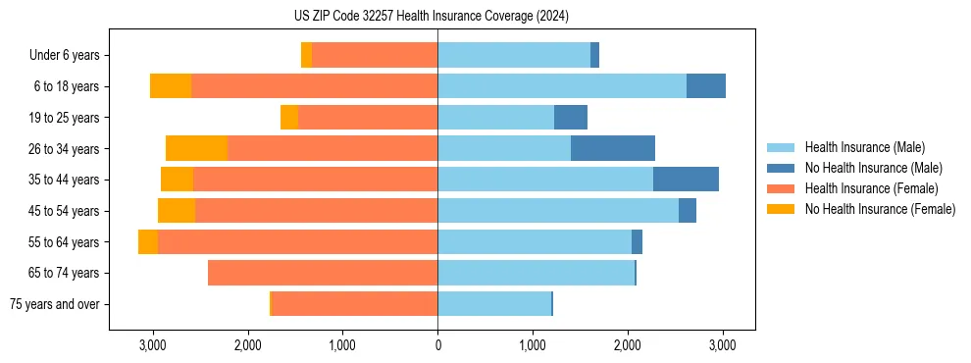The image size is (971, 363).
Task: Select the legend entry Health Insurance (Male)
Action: click(x=864, y=147)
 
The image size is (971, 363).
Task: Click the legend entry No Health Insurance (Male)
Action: click(x=873, y=168)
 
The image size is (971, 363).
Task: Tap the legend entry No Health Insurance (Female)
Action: click(x=880, y=209)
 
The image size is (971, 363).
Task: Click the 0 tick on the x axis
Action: click(x=437, y=346)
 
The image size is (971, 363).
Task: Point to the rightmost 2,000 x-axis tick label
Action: click(x=628, y=346)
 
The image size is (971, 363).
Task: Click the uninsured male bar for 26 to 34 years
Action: click(x=613, y=149)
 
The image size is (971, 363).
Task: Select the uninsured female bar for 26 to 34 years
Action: click(x=196, y=149)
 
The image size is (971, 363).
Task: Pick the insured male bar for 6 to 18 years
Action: click(x=562, y=86)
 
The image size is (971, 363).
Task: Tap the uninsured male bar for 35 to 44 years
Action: click(x=686, y=180)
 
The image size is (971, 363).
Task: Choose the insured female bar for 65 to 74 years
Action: click(x=323, y=273)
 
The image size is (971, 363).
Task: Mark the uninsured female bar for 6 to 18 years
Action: click(x=171, y=86)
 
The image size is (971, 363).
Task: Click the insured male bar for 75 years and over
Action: click(x=494, y=304)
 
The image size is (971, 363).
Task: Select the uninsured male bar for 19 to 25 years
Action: click(x=571, y=118)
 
